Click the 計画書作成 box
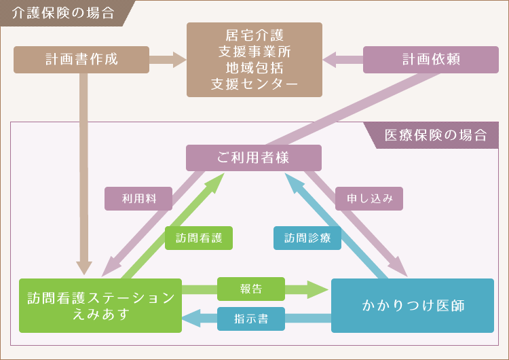coord(81,59)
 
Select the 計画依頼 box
coord(431,59)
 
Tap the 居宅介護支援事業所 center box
coord(254,59)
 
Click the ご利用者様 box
coord(254,158)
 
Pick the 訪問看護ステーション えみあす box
coord(100,306)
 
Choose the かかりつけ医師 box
coord(413,306)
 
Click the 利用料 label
coord(138,198)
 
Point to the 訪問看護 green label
coord(199,238)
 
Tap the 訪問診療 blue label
coord(307,238)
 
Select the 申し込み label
coord(369,198)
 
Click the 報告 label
coord(250,289)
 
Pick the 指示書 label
coord(250,319)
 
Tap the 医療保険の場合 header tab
coord(435,134)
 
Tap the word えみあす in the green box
coord(100,314)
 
